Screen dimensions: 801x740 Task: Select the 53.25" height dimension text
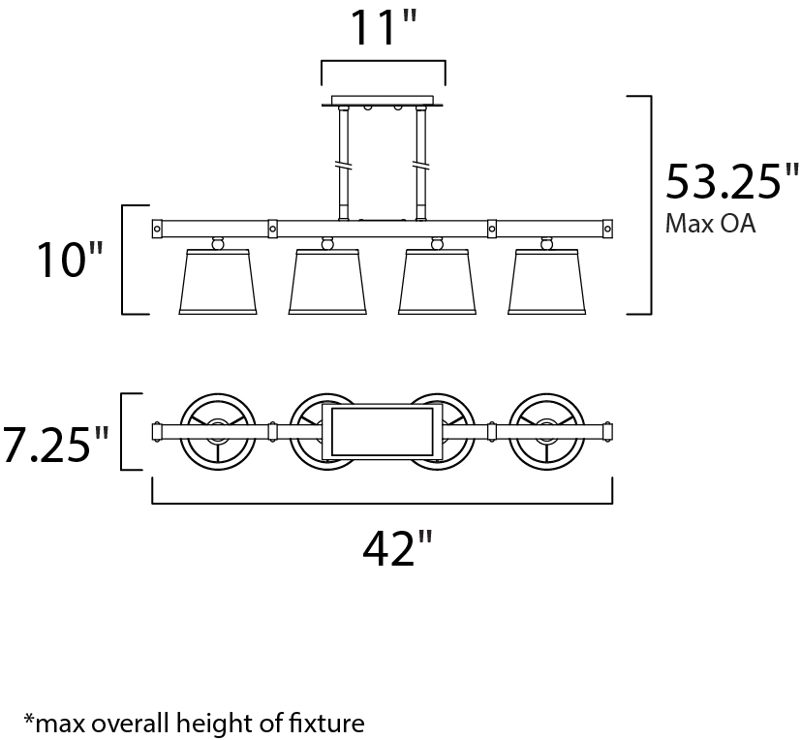click(x=731, y=182)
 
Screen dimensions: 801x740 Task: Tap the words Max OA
click(x=710, y=223)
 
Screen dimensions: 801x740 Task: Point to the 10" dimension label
click(x=70, y=260)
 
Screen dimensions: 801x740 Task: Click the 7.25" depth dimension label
click(x=55, y=445)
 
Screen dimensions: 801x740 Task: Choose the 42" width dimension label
click(x=397, y=548)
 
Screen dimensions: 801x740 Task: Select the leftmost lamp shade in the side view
click(x=218, y=282)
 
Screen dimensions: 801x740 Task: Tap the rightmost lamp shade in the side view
click(x=547, y=282)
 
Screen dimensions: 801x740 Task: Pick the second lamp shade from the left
click(x=327, y=282)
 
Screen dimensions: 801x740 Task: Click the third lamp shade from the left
click(x=437, y=282)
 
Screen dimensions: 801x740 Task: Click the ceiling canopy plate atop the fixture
click(x=383, y=101)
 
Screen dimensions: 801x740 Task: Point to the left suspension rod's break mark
click(x=343, y=166)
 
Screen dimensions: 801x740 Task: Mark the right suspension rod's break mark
click(x=421, y=166)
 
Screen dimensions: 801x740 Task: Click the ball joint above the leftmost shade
click(x=218, y=243)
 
